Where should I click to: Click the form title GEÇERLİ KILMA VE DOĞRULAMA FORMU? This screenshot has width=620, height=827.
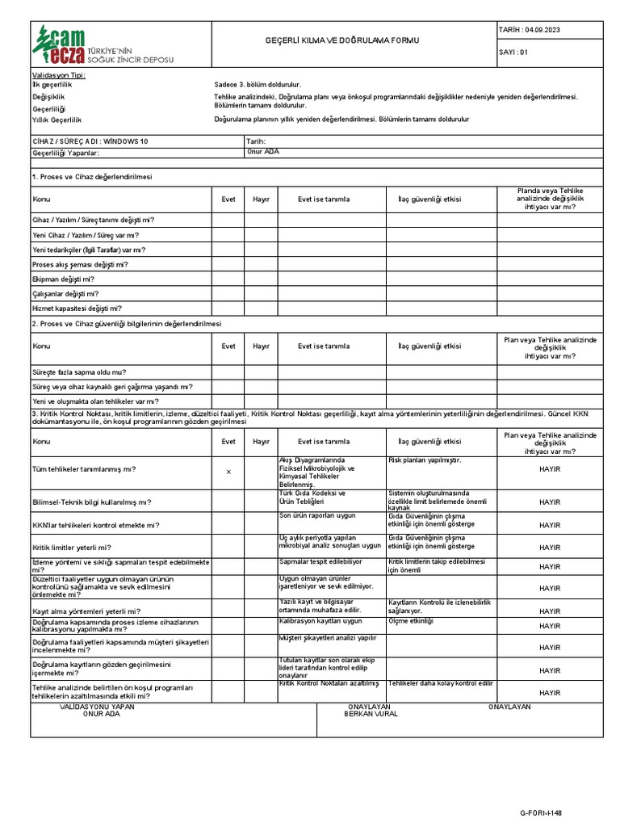[x=342, y=40]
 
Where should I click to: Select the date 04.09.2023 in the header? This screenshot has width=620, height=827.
[x=542, y=30]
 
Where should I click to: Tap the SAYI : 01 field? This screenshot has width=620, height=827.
[x=513, y=52]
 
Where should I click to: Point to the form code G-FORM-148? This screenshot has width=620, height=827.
[x=541, y=812]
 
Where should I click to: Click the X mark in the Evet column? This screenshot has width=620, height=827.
[x=228, y=472]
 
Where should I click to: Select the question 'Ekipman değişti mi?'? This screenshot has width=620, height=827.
[x=63, y=279]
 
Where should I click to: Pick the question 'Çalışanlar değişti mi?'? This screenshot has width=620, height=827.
[x=65, y=293]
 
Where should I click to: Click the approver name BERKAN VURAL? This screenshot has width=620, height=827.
[x=371, y=714]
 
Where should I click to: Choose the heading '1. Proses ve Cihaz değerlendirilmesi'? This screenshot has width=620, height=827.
[x=92, y=176]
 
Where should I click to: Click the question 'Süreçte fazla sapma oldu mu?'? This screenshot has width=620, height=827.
[x=79, y=372]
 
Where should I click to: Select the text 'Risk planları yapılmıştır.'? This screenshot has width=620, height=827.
[x=425, y=460]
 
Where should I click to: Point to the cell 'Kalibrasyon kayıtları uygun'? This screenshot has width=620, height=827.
[x=320, y=621]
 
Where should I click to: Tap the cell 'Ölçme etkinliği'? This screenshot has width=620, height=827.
[x=411, y=621]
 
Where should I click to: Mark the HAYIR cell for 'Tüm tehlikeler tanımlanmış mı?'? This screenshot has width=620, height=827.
[x=550, y=468]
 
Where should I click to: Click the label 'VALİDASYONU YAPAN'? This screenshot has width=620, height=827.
[x=98, y=707]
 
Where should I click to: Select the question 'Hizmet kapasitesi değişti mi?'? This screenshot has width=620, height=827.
[x=77, y=308]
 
